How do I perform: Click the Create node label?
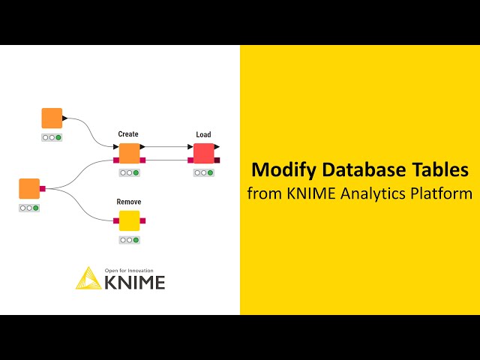pyautogui.click(x=128, y=134)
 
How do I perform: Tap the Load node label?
pyautogui.click(x=204, y=135)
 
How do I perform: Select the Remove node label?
pyautogui.click(x=129, y=202)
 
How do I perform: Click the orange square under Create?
pyautogui.click(x=129, y=153)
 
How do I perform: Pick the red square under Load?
pyautogui.click(x=204, y=153)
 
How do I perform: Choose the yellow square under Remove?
pyautogui.click(x=129, y=220)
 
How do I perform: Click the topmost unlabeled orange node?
pyautogui.click(x=52, y=118)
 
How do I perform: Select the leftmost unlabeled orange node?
pyautogui.click(x=29, y=188)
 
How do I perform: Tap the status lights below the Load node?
pyautogui.click(x=204, y=172)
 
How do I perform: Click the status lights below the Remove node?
pyautogui.click(x=129, y=240)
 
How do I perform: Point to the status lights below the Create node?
pyautogui.click(x=129, y=172)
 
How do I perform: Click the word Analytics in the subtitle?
pyautogui.click(x=374, y=193)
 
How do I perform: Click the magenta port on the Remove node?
pyautogui.click(x=142, y=220)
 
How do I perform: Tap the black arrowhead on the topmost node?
pyautogui.click(x=65, y=118)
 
